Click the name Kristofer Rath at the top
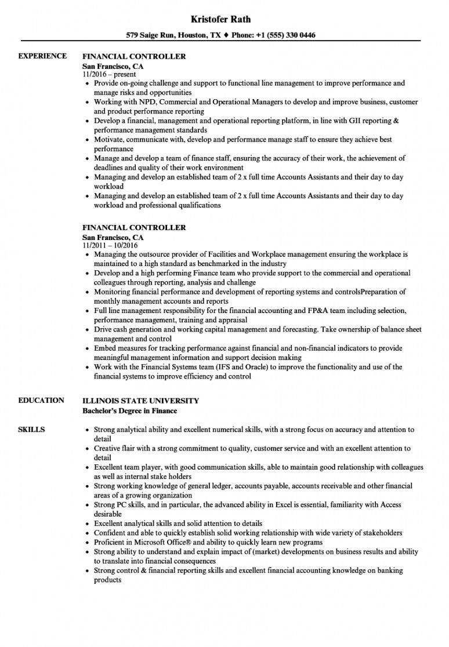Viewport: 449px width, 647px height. (223, 19)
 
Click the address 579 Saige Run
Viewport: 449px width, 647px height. (153, 35)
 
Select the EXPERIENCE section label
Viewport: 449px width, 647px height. (42, 56)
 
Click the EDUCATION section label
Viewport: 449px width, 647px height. (41, 400)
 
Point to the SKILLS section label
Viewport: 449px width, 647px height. (31, 430)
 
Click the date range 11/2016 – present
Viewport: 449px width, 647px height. (109, 74)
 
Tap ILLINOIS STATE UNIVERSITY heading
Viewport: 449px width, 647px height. (140, 401)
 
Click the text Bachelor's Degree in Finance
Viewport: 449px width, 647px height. (129, 410)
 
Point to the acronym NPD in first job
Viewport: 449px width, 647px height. (143, 102)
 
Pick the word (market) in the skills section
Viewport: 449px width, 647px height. (234, 552)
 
